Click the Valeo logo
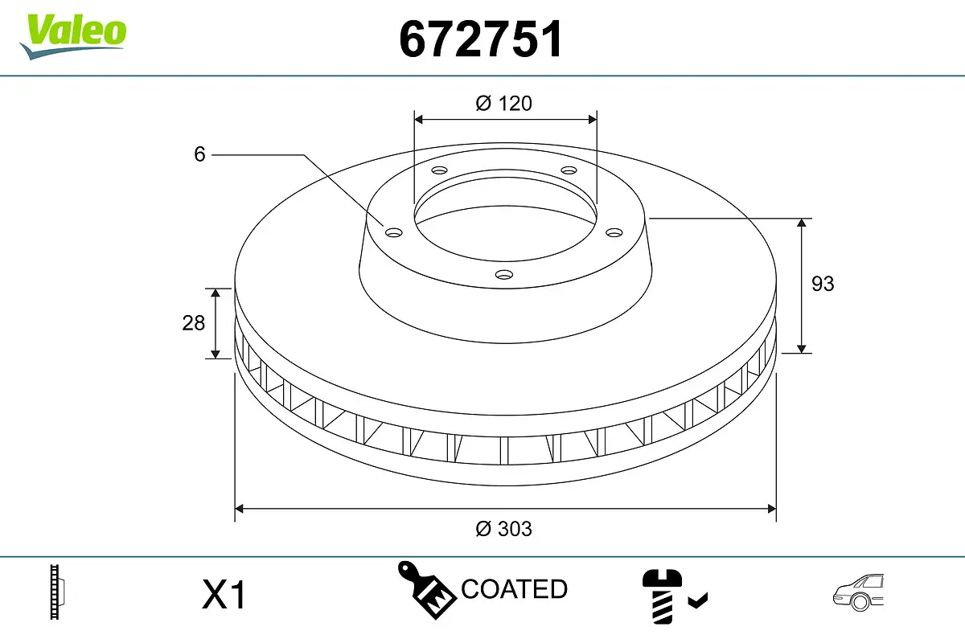73,35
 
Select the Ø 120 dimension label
504,103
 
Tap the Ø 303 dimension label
504,529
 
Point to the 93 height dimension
823,284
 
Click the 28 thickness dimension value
194,322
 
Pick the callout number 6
200,154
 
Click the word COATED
514,589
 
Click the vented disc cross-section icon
56,592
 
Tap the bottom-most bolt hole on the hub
504,275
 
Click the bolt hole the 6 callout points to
393,233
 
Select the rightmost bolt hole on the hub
614,232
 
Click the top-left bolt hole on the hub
439,170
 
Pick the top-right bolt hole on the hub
569,170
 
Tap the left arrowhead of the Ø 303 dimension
239,509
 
